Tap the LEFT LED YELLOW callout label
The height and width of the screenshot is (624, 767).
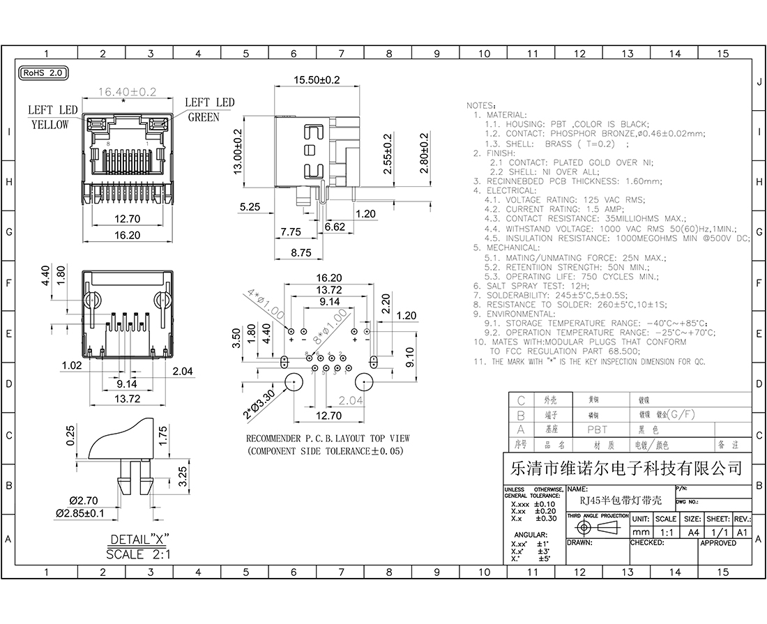52,117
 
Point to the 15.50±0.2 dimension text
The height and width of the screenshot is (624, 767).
316,80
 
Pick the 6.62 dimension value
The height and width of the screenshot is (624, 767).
335,227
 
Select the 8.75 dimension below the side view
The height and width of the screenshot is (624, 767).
301,253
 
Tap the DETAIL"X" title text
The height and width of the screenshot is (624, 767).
139,540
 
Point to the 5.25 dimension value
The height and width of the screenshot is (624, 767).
249,207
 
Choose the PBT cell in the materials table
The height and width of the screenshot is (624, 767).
597,430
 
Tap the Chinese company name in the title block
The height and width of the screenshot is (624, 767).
627,468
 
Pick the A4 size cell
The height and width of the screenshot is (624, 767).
692,531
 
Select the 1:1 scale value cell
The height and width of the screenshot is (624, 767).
665,531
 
